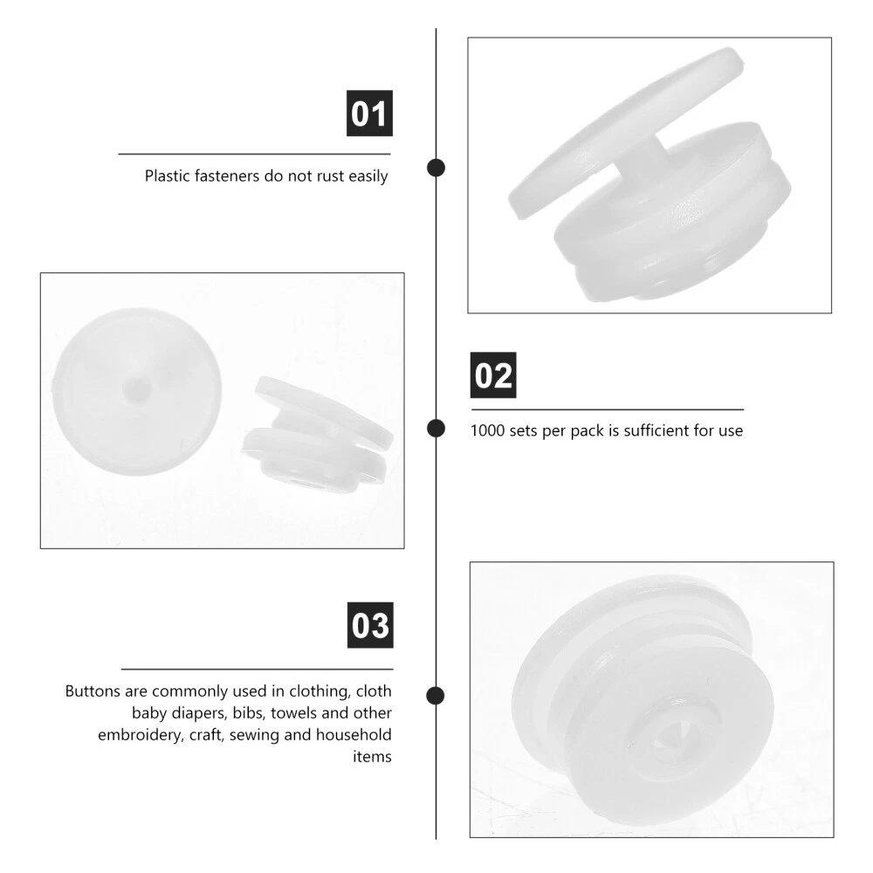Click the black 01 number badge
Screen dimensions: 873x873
point(369,113)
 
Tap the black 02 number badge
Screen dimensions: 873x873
point(493,375)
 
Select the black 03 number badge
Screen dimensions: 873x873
point(370,625)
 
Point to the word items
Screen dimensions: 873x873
point(372,757)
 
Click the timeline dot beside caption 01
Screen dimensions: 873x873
point(436,168)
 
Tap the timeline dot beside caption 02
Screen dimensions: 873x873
point(436,429)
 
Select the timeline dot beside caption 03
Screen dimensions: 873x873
point(436,696)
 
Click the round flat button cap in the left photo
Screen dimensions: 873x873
point(137,391)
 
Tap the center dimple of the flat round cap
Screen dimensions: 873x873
point(136,388)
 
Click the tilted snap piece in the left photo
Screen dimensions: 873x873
point(318,434)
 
